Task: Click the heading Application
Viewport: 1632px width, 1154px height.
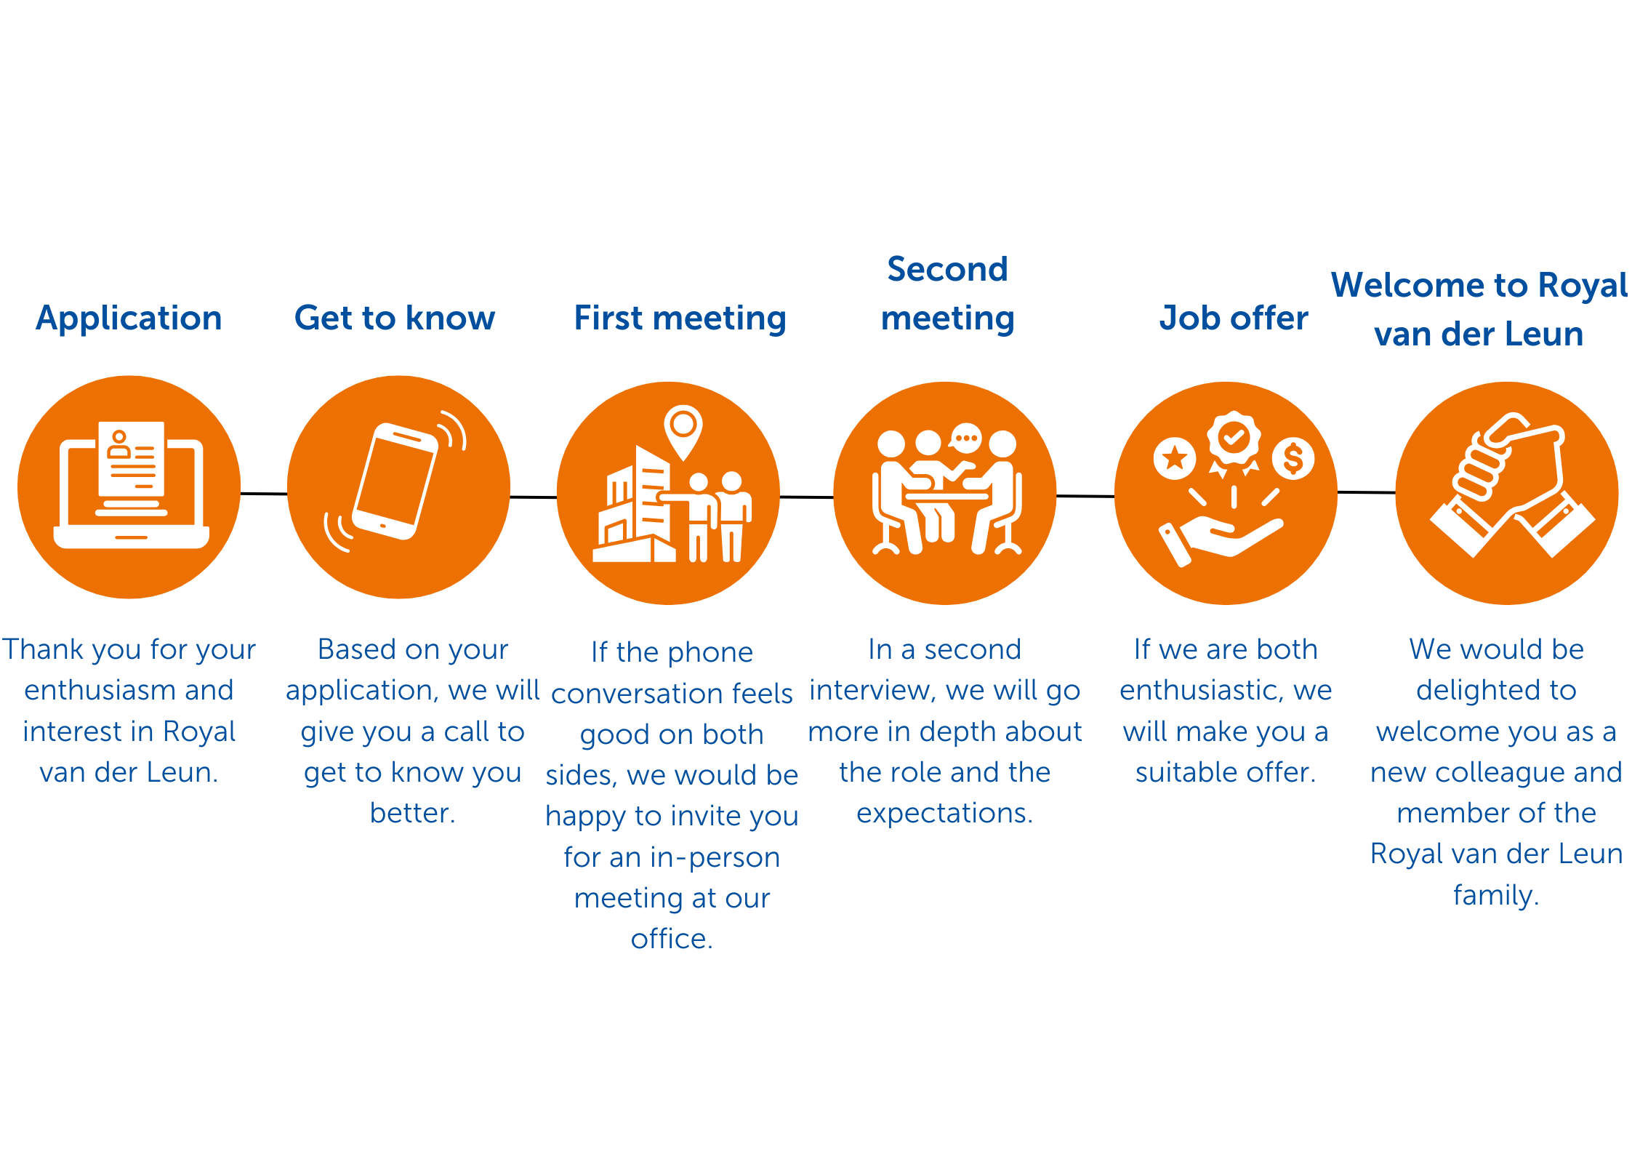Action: pos(129,318)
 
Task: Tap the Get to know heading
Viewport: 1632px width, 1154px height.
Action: pos(395,318)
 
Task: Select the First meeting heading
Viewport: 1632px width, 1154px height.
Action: pos(680,318)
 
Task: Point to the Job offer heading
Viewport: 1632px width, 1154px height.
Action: pos(1234,318)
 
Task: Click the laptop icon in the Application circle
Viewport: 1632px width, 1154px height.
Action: pos(132,485)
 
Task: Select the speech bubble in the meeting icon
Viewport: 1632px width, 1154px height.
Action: pos(965,439)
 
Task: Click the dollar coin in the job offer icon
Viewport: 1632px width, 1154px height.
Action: pos(1293,458)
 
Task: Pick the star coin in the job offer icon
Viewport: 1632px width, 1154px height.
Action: pos(1175,458)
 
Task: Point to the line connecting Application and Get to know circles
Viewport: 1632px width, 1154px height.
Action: pos(264,494)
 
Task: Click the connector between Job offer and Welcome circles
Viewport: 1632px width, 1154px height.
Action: pos(1367,492)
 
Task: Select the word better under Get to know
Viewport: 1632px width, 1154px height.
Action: pos(412,813)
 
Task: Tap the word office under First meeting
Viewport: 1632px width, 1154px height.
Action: pos(672,939)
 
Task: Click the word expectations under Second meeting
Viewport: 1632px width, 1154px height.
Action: pos(944,814)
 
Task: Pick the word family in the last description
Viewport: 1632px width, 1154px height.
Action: pos(1496,895)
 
